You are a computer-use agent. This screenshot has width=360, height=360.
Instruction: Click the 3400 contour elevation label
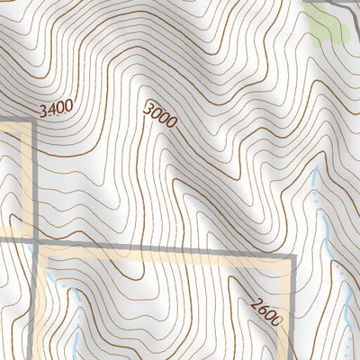56,110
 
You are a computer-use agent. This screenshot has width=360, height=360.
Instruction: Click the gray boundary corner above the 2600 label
294,257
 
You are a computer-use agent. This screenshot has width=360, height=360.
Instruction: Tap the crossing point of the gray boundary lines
34,243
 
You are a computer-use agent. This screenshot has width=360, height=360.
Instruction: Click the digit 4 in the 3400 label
51,111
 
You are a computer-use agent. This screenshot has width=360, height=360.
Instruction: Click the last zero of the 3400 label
68,106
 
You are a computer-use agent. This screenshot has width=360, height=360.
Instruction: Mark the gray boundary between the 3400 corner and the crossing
34,180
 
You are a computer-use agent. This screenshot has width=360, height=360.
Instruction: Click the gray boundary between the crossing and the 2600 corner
162,250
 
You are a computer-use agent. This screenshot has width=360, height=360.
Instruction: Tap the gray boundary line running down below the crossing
36,306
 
